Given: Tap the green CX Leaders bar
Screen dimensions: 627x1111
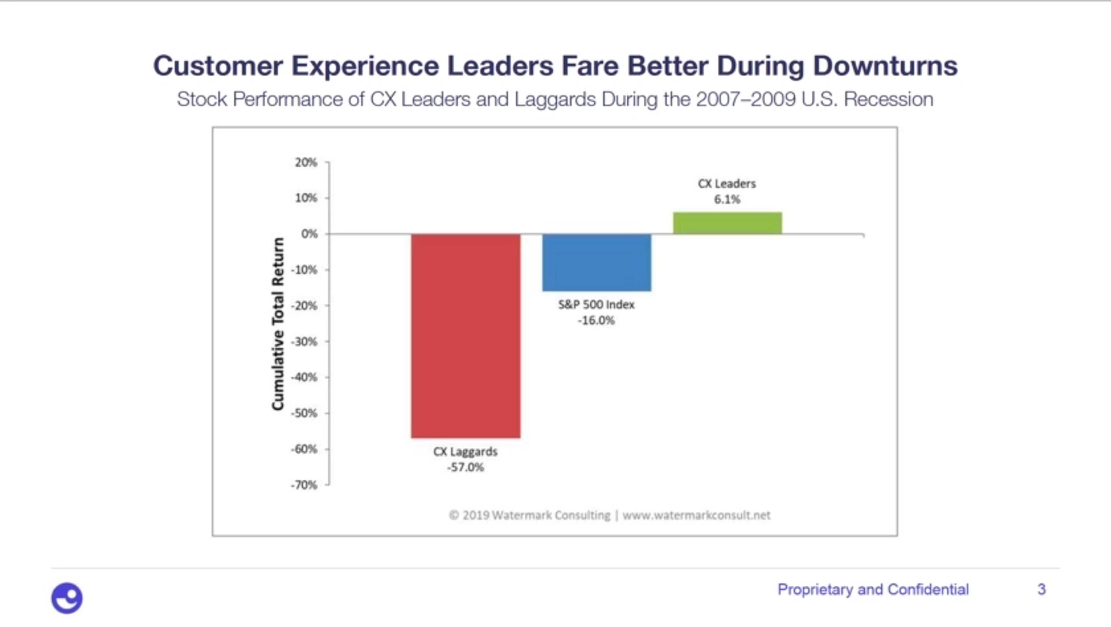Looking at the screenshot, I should point(727,223).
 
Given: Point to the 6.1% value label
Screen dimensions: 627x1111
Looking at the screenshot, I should point(727,200).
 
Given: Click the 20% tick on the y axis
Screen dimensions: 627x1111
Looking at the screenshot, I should point(306,163).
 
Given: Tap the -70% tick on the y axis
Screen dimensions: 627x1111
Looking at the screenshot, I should point(304,485).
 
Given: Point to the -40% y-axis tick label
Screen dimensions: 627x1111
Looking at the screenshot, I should point(304,377).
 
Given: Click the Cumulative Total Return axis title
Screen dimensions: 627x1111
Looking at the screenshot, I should point(278,324).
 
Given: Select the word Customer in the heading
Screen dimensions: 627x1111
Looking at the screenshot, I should point(218,66).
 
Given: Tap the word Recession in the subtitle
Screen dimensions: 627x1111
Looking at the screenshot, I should point(889,99).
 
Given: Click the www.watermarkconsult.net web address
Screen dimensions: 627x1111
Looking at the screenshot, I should point(696,515).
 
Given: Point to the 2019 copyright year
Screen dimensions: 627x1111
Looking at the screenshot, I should point(476,515).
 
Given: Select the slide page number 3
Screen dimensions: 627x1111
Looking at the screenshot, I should point(1041,589).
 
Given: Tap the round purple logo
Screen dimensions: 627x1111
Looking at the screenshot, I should point(67,598).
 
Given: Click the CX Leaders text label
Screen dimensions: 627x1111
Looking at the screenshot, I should point(727,184).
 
